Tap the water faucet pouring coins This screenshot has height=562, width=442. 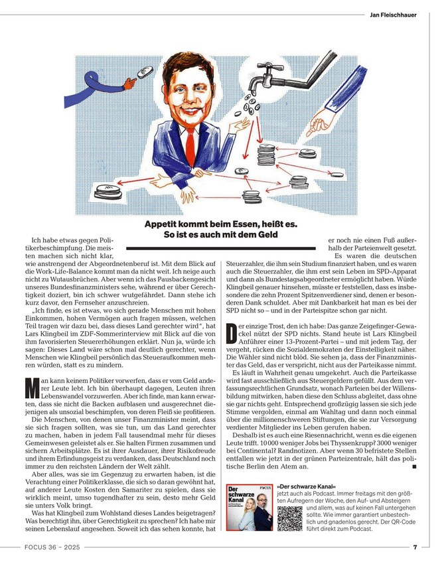click(269, 84)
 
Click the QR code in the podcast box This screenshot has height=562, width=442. click(290, 518)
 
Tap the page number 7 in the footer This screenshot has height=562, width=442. click(414, 547)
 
